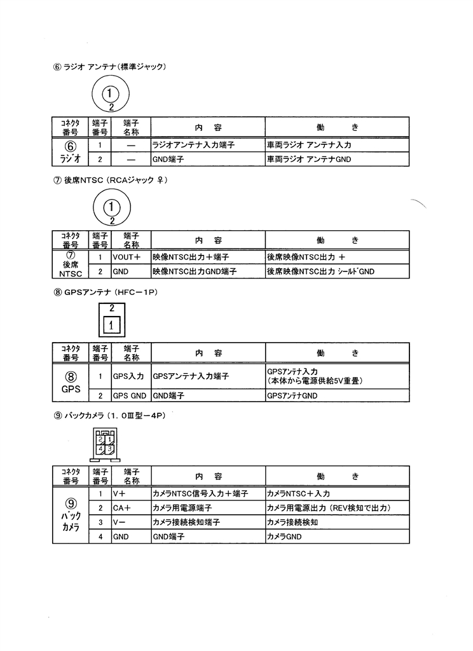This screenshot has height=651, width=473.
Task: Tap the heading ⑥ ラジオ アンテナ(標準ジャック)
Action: pyautogui.click(x=109, y=67)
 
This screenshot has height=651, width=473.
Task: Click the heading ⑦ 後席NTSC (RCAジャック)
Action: pyautogui.click(x=111, y=180)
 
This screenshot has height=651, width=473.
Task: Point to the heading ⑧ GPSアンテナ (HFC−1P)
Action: pyautogui.click(x=106, y=292)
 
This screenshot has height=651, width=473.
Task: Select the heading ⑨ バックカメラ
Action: pyautogui.click(x=109, y=416)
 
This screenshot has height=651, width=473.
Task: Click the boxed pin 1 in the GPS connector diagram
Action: pyautogui.click(x=111, y=325)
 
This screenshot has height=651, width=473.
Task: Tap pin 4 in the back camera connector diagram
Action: pyautogui.click(x=101, y=449)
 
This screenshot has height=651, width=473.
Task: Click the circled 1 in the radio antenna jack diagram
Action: pyautogui.click(x=110, y=93)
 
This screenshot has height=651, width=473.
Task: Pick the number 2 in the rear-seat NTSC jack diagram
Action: pyautogui.click(x=112, y=221)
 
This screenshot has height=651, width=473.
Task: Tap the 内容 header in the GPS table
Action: pyautogui.click(x=209, y=353)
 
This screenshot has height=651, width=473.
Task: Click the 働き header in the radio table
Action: pyautogui.click(x=337, y=127)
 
